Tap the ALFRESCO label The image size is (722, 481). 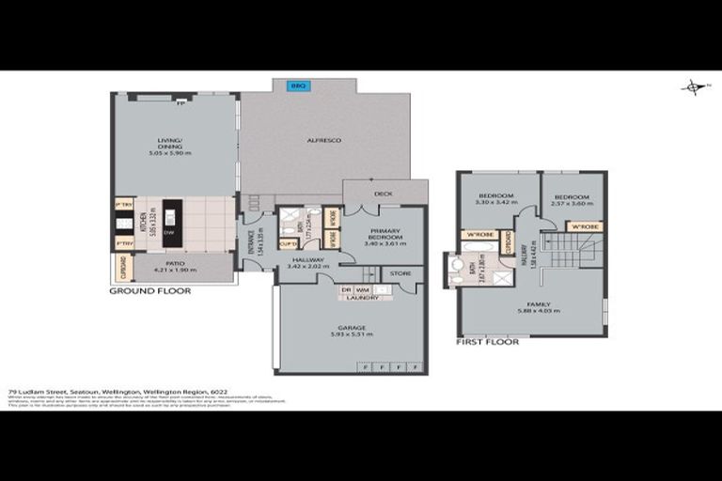(x=323, y=140)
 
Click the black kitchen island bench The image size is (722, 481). (x=173, y=222)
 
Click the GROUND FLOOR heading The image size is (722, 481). (x=150, y=291)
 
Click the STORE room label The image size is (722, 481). (x=400, y=274)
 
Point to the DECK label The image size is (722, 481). (x=383, y=194)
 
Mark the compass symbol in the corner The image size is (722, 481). (x=693, y=87)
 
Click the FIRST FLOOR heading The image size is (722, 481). (x=486, y=342)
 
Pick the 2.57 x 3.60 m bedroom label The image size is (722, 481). (x=572, y=199)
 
